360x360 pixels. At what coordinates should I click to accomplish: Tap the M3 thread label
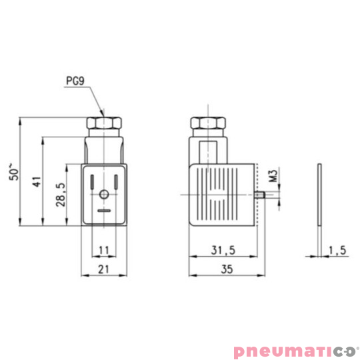(x=273, y=177)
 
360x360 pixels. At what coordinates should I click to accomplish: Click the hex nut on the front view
(x=104, y=124)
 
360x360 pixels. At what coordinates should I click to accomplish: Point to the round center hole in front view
(x=104, y=195)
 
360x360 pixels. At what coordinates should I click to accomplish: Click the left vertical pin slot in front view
(x=92, y=181)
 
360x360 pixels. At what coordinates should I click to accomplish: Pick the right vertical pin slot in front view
(x=116, y=181)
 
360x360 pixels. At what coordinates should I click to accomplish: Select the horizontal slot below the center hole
(x=104, y=210)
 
